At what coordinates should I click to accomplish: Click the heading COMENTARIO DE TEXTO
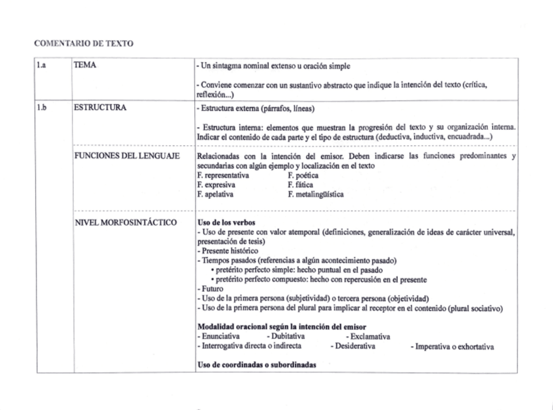click(x=83, y=43)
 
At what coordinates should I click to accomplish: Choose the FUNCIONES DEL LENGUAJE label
click(x=127, y=157)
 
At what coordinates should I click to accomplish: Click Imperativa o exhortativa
click(x=453, y=347)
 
